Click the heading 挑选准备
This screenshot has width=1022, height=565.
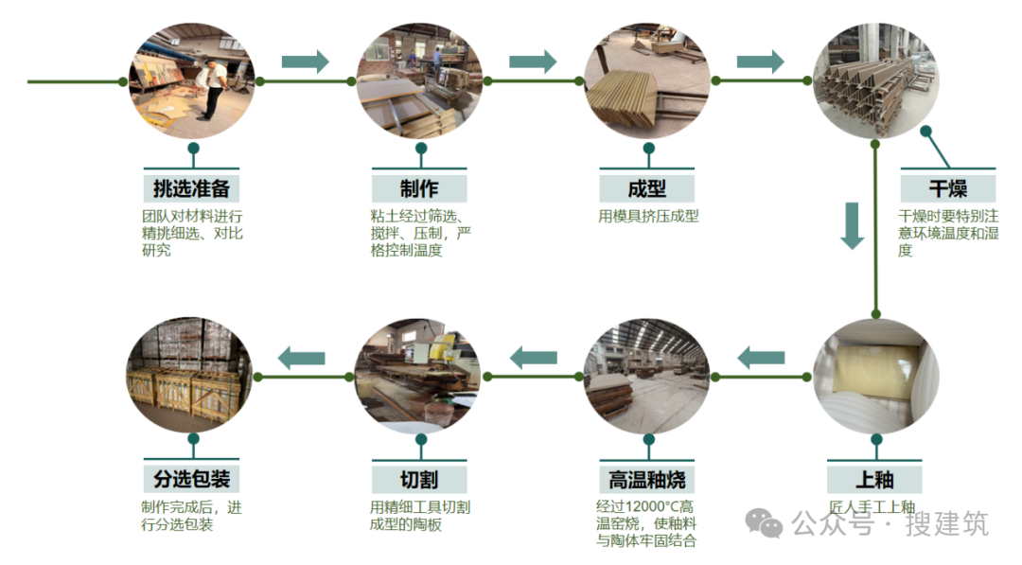point(192,187)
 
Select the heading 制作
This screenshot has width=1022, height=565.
point(419,187)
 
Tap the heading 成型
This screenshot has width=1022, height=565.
point(646,187)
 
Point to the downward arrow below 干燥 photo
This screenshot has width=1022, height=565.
point(853,225)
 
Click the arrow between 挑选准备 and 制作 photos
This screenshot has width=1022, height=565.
point(305,62)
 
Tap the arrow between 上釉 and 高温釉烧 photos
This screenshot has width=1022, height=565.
point(760,358)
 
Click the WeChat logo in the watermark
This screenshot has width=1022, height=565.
point(764,521)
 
